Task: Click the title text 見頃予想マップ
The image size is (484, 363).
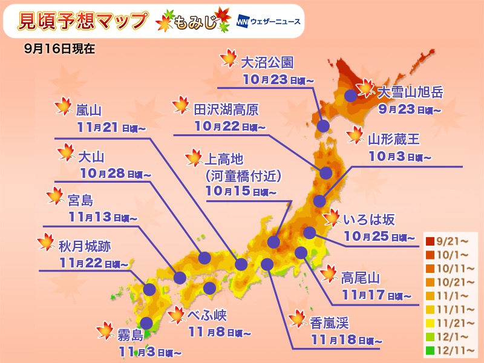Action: (83, 22)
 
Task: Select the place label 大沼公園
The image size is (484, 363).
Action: (267, 63)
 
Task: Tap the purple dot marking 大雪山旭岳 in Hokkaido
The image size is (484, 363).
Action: (350, 96)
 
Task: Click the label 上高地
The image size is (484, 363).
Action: (223, 159)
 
